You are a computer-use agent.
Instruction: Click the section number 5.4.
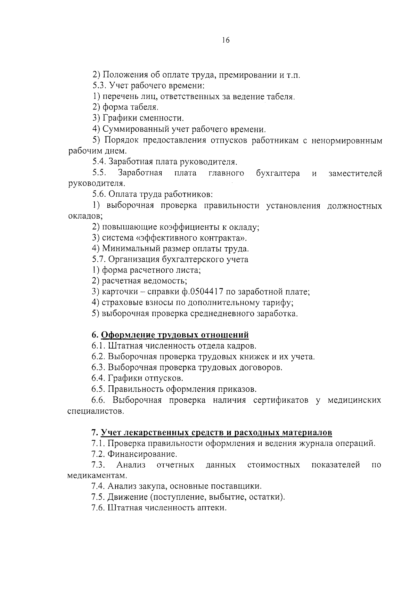[x=99, y=162]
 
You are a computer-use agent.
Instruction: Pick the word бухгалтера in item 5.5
[x=278, y=173]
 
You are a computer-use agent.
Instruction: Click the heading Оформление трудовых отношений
[x=175, y=335]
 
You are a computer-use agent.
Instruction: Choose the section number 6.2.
[x=99, y=357]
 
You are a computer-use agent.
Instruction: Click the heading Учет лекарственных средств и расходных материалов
[x=216, y=433]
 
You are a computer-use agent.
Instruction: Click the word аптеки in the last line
[x=212, y=508]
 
